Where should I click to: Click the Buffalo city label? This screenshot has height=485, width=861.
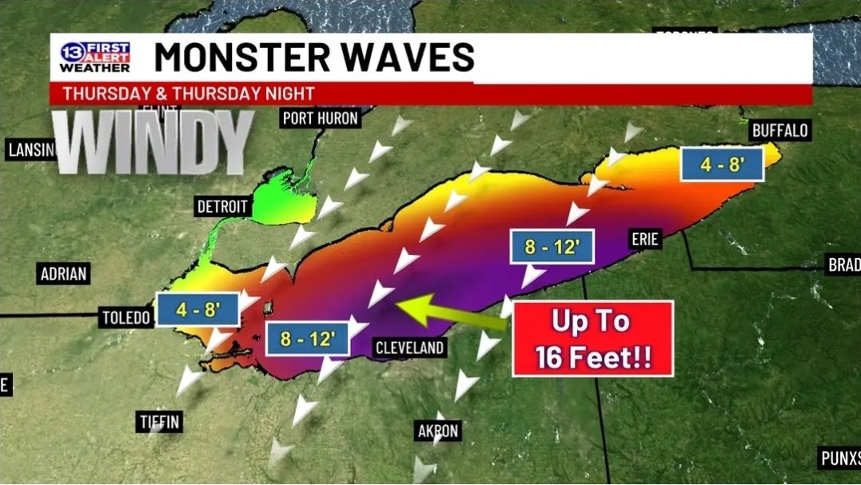(x=780, y=130)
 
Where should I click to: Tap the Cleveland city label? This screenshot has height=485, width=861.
(x=409, y=348)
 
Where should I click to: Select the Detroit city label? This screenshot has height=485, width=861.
(x=222, y=207)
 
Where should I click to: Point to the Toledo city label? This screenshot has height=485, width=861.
(x=126, y=318)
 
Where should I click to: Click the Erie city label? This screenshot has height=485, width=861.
(x=644, y=239)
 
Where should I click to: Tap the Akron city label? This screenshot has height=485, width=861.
(x=438, y=431)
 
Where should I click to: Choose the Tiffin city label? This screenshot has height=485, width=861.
(x=158, y=421)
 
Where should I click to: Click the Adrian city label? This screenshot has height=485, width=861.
(x=63, y=274)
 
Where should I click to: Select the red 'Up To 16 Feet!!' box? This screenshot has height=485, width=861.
(x=592, y=339)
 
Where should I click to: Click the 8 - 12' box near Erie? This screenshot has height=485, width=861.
(x=552, y=247)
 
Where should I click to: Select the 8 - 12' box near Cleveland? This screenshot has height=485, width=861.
(x=307, y=340)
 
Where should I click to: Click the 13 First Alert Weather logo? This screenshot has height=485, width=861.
(x=94, y=56)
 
